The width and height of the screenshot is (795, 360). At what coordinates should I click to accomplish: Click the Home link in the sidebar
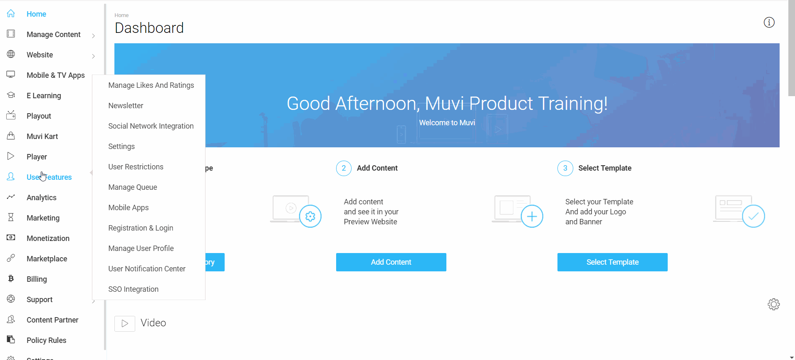click(x=36, y=14)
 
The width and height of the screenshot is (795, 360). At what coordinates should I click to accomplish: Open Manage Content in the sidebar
click(x=54, y=35)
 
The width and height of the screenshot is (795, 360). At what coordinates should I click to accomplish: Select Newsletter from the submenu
click(x=126, y=106)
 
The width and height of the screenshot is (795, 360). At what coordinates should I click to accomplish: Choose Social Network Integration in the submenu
click(x=151, y=126)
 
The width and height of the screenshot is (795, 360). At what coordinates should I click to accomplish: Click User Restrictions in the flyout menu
click(x=136, y=167)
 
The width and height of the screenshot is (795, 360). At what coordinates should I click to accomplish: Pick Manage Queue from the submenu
click(x=133, y=187)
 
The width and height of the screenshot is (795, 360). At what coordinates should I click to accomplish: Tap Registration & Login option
click(x=141, y=228)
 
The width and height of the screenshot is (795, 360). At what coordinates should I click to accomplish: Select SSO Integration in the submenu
click(x=133, y=289)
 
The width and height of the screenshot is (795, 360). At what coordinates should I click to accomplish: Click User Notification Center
click(x=147, y=269)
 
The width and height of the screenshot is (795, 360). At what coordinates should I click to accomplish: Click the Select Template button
click(x=612, y=262)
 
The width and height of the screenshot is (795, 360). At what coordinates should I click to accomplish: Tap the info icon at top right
click(x=769, y=22)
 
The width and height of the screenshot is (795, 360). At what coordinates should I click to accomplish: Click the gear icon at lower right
click(x=774, y=304)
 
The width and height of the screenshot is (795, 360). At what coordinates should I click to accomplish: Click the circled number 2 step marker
click(x=344, y=168)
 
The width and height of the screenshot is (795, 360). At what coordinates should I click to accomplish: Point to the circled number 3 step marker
click(x=565, y=168)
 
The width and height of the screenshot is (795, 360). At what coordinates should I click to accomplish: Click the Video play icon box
click(x=125, y=323)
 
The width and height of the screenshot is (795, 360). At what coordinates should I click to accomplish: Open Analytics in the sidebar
click(x=42, y=198)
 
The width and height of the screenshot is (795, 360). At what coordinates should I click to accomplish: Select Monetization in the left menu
click(x=48, y=238)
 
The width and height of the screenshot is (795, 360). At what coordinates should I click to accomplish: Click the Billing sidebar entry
click(x=37, y=279)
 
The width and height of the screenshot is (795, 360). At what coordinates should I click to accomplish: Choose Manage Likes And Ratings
click(x=151, y=85)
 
